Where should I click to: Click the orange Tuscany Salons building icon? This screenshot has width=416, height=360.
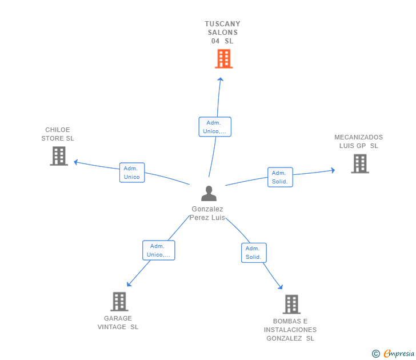coord(223,59)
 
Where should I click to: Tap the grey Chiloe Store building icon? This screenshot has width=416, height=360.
coord(59,156)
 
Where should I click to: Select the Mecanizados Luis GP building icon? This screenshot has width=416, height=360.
coord(360,163)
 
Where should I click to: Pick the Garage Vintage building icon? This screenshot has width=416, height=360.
coord(119,302)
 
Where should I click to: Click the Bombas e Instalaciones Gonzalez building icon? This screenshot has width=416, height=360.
coord(291,305)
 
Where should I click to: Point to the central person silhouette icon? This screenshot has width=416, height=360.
coord(209,193)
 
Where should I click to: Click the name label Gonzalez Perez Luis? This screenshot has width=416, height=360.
coord(207,213)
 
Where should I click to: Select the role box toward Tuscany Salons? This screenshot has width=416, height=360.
coord(215,127)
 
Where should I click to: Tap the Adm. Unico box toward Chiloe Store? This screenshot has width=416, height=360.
coord(132,173)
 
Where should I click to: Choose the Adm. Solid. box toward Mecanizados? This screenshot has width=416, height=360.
coord(280,177)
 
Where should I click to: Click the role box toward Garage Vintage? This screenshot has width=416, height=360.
coord(159,250)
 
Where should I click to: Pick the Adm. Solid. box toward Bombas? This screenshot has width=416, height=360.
coord(254,253)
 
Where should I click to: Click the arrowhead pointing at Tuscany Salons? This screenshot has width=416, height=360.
coord(220,79)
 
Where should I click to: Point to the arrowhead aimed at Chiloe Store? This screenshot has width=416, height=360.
coord(76,162)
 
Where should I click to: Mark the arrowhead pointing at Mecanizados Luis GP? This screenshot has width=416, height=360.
coord(333,170)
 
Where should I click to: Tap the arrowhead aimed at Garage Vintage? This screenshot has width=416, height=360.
coord(129,284)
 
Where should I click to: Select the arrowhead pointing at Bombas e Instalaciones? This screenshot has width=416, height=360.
coord(281,287)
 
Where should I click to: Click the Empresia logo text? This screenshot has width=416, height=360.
coord(399,354)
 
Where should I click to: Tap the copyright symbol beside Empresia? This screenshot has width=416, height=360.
coord(375,354)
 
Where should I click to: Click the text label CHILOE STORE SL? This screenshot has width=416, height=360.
coord(58,134)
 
